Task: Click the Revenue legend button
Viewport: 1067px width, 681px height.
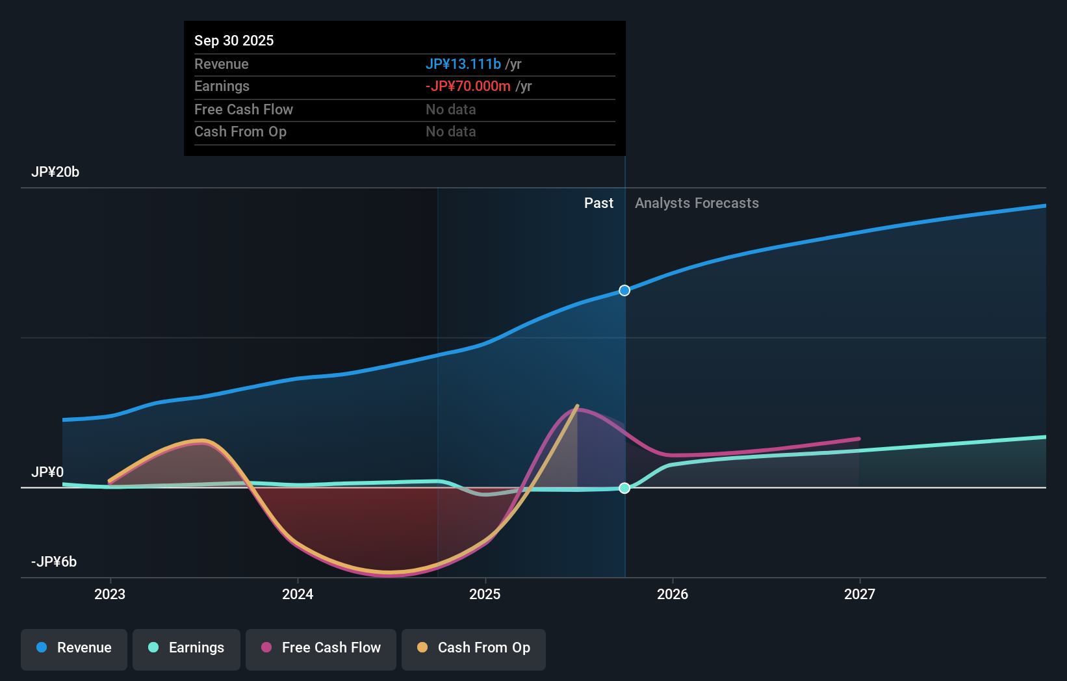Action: coord(74,649)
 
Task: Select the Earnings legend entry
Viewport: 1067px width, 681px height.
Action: coord(186,649)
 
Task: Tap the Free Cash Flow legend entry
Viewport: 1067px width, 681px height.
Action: coord(321,649)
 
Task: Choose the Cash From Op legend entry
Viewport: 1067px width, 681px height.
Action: coord(474,649)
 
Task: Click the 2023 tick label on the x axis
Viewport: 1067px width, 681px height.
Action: coord(110,595)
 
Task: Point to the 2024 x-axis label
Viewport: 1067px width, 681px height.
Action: coord(298,595)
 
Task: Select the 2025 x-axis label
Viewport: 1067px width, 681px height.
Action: coord(485,595)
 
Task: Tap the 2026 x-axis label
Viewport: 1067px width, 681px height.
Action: coord(672,595)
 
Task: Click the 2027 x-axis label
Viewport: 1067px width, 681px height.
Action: coord(859,595)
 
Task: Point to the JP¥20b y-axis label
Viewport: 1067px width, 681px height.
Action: coord(55,172)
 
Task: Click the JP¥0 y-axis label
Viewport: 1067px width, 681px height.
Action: coord(47,472)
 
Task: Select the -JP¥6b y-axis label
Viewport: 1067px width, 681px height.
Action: coord(54,562)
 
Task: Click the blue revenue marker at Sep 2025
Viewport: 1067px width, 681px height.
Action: coord(624,290)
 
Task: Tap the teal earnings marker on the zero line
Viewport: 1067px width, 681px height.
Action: coord(624,488)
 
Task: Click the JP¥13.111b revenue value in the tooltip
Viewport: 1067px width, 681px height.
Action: coord(463,64)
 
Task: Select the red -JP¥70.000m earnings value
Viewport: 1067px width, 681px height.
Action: coord(468,86)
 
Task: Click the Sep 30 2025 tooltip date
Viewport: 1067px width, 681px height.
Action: coord(234,41)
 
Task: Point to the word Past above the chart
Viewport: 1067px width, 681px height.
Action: coord(598,203)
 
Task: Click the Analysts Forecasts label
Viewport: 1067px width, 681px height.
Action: coord(697,203)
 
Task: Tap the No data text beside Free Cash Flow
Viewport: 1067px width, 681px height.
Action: coord(451,110)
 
